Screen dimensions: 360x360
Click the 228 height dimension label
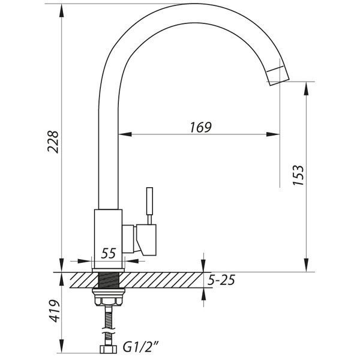click(53, 142)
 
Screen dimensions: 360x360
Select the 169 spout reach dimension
click(200, 127)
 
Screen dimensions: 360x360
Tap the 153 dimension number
click(298, 175)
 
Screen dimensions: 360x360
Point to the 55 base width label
click(109, 253)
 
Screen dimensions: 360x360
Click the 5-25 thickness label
click(221, 280)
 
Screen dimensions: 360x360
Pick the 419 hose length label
click(54, 311)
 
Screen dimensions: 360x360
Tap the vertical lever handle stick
click(149, 201)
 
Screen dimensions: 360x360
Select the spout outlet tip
click(278, 77)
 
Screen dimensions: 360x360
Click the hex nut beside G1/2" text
click(109, 349)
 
